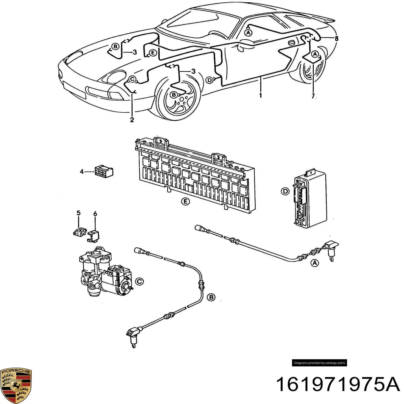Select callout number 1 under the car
click(260, 95)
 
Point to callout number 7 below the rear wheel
click(313, 96)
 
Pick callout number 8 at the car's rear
click(336, 38)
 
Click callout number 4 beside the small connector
click(82, 172)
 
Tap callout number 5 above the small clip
click(79, 213)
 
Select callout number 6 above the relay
click(95, 214)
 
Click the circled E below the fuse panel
click(186, 201)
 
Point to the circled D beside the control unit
click(285, 191)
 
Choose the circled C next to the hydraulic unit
click(139, 281)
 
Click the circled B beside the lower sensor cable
click(211, 297)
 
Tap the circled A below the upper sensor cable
click(315, 263)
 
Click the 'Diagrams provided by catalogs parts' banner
click(319, 363)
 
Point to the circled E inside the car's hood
click(153, 53)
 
